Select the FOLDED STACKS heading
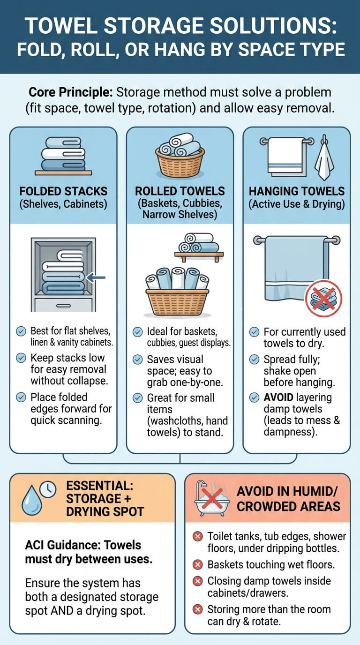[x=63, y=191]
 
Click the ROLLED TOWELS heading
[x=180, y=191]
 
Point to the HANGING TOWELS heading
[x=297, y=191]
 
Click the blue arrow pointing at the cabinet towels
[x=96, y=278]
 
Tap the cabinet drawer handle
[x=63, y=306]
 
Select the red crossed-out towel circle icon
[x=324, y=298]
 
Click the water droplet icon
[x=32, y=500]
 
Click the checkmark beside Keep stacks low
[x=21, y=358]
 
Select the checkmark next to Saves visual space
[x=137, y=360]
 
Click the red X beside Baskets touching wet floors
[x=197, y=565]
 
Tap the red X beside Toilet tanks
[x=197, y=536]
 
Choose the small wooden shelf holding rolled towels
[x=199, y=256]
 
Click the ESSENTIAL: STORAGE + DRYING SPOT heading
[x=105, y=499]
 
